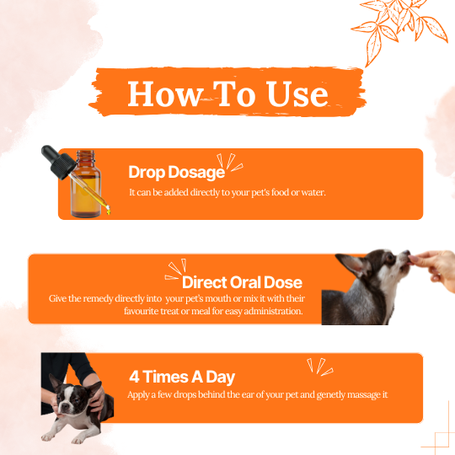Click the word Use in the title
click(x=297, y=94)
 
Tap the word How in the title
click(x=165, y=94)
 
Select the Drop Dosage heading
click(x=177, y=173)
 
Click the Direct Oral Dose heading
click(x=243, y=282)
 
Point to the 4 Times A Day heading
click(x=182, y=377)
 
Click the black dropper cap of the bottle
click(x=58, y=162)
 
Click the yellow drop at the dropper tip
click(x=108, y=211)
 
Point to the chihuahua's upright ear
click(x=352, y=265)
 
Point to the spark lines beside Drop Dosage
click(x=230, y=163)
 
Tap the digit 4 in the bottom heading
click(x=134, y=377)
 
